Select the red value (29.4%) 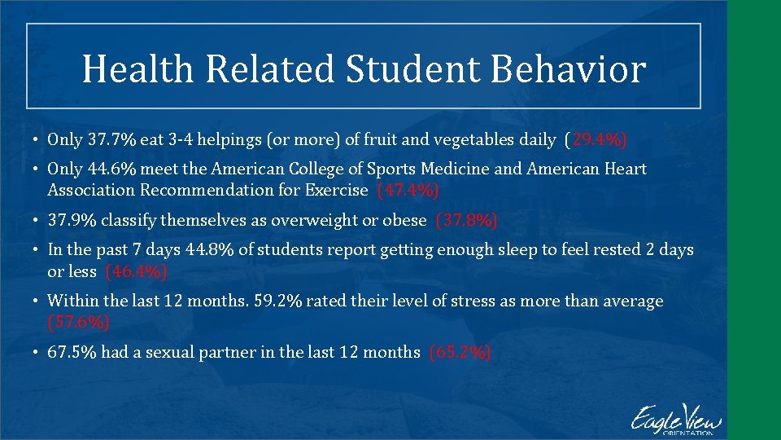click(x=596, y=139)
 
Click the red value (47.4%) click(x=408, y=190)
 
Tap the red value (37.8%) click(x=467, y=220)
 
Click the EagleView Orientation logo click(x=675, y=419)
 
